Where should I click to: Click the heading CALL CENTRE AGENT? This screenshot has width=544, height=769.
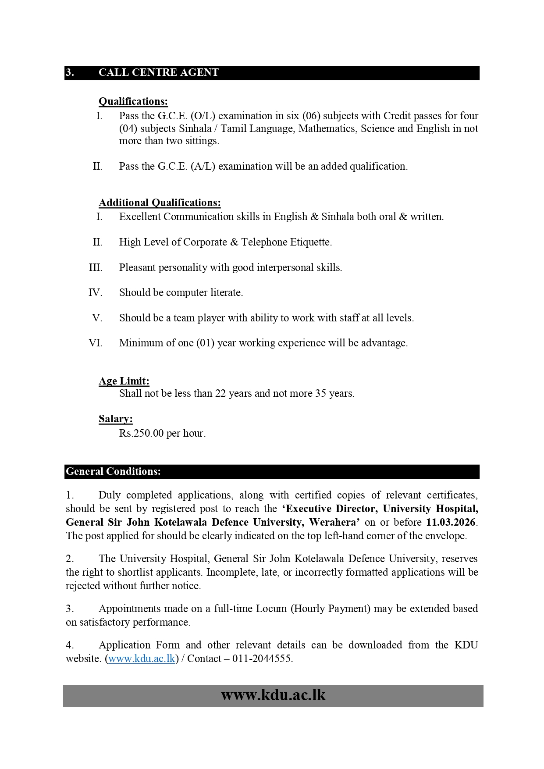158,73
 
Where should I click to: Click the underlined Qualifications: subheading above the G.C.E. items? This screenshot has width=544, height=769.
133,102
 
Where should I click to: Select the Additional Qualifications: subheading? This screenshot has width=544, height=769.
160,203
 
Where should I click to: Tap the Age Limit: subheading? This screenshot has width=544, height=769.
124,381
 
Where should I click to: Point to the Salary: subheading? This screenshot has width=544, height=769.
116,419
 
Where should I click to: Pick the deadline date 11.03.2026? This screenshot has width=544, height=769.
451,522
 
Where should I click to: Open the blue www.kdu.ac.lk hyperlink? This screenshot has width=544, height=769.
142,659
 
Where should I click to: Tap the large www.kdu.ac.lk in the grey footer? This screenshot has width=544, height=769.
273,695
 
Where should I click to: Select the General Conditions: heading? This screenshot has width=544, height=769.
114,472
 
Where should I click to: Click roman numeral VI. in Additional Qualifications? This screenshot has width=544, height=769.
96,343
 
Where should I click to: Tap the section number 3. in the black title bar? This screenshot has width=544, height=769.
70,73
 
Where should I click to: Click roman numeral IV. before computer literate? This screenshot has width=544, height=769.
95,292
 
